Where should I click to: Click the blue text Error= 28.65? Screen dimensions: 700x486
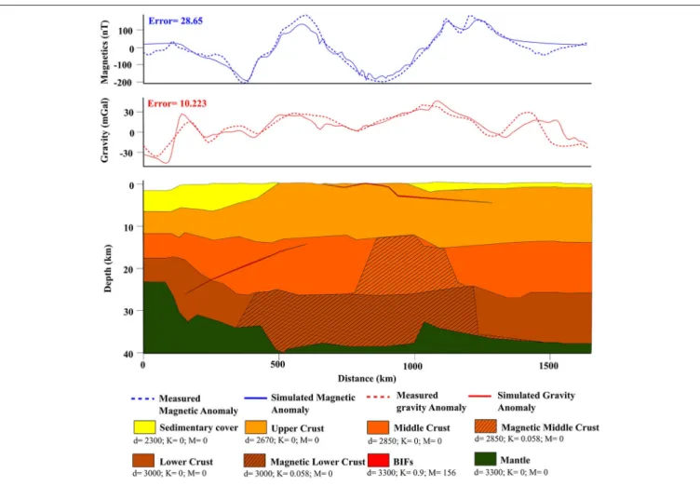(x=175, y=21)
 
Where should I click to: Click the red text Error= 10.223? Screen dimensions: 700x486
(x=177, y=103)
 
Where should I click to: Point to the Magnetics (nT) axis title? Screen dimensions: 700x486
(x=104, y=52)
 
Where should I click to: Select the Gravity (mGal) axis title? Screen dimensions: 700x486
(x=104, y=130)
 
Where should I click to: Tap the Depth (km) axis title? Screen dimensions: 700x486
(x=108, y=268)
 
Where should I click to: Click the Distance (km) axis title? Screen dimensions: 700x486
(x=367, y=379)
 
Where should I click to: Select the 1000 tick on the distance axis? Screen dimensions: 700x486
(x=413, y=366)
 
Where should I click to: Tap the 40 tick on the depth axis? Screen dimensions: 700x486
(x=128, y=354)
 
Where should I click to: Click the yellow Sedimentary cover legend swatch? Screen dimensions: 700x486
(x=144, y=427)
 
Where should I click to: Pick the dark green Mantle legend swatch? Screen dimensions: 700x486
(x=485, y=459)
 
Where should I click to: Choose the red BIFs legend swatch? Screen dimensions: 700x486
(x=378, y=460)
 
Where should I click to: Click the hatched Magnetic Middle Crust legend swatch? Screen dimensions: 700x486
(x=485, y=426)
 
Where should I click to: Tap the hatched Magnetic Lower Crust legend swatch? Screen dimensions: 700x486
(x=255, y=461)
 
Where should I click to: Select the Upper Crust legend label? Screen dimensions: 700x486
(x=297, y=428)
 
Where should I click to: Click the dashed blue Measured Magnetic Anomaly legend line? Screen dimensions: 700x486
(x=142, y=398)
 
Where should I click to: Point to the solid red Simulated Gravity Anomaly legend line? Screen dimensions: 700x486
(x=480, y=396)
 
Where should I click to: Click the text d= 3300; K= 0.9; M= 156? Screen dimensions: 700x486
(x=411, y=473)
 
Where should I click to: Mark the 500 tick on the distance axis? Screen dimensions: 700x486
(x=277, y=365)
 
